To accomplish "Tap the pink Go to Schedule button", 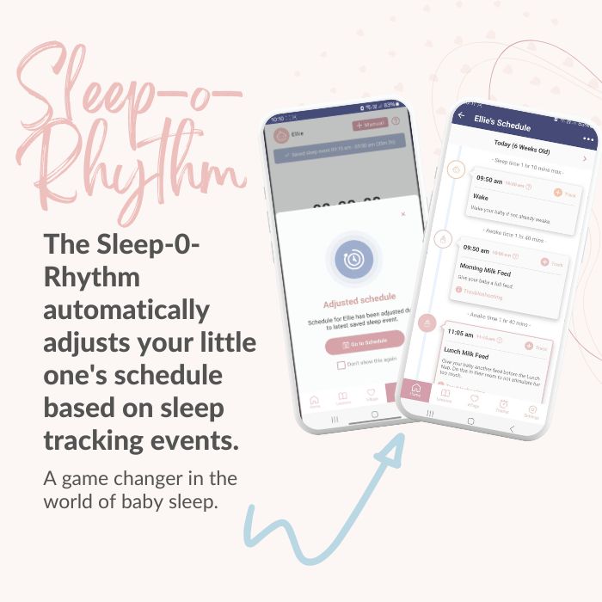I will coord(365,343).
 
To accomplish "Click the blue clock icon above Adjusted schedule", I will coord(354,261).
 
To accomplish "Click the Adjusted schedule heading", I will coord(353,303).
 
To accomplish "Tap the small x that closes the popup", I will coord(403,214).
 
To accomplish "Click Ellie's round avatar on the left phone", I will coord(280,135).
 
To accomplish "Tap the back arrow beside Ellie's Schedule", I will coord(462,115).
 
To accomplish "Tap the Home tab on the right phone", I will coord(417,390).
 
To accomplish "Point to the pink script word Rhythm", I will coord(129,168).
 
